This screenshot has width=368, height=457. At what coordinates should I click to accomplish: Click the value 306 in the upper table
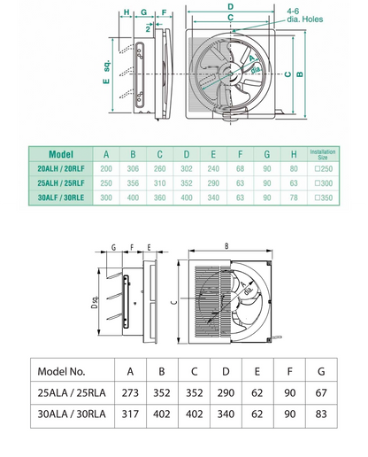133,168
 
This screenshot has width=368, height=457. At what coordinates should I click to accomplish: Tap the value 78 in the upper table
293,198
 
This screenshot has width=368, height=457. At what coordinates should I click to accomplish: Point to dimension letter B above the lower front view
227,245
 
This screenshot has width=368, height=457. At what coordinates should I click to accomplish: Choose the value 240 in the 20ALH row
212,168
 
